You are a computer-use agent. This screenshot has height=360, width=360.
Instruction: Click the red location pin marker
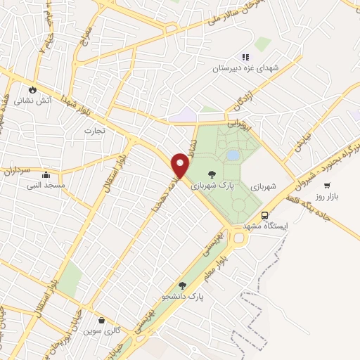point(181,165)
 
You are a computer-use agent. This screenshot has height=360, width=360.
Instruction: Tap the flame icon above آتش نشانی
point(32,89)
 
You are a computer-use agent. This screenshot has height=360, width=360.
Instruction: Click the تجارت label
point(94,131)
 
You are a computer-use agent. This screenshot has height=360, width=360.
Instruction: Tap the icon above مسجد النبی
point(46,174)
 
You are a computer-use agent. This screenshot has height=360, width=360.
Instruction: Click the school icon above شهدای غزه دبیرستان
point(245,57)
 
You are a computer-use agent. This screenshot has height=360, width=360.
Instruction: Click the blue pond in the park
point(233,155)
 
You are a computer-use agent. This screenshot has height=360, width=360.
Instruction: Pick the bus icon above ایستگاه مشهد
point(264,215)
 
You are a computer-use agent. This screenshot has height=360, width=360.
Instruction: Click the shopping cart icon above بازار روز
point(327,185)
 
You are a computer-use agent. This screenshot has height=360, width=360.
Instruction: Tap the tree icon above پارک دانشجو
point(183,285)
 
